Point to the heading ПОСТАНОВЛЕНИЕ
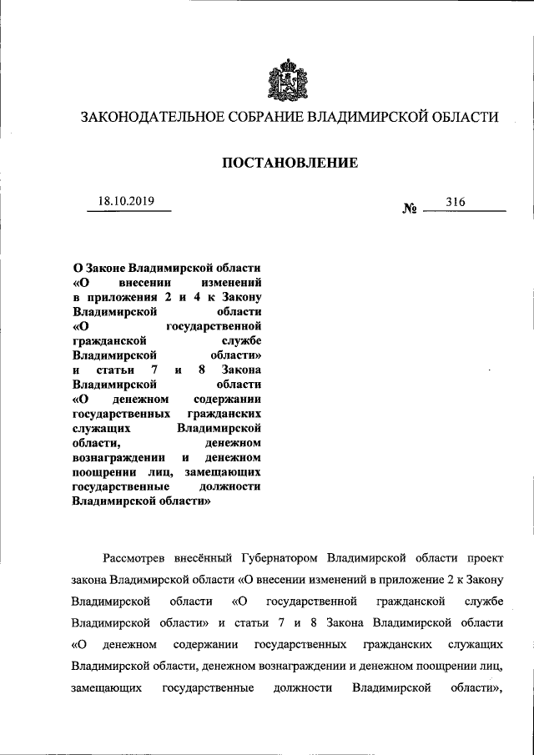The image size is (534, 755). coord(290,163)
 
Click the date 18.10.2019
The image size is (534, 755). coord(127,201)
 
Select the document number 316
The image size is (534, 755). coord(456,202)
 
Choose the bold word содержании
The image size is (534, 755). coord(228,399)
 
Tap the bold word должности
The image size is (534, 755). coord(234,487)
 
